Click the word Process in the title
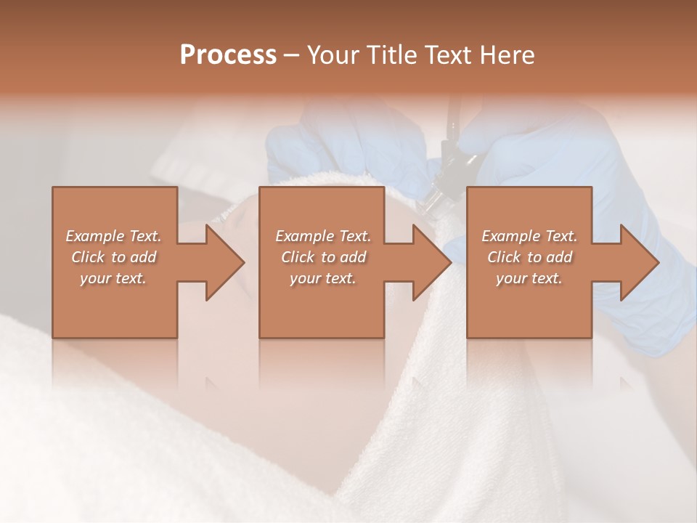point(228,55)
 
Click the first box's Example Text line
point(113,236)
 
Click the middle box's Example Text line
point(323,236)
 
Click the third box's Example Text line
point(529,236)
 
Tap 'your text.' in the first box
point(113,278)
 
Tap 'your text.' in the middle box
point(323,278)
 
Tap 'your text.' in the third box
point(529,278)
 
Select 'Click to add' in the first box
point(113,257)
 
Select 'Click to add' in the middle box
point(323,257)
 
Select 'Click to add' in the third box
point(529,257)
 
